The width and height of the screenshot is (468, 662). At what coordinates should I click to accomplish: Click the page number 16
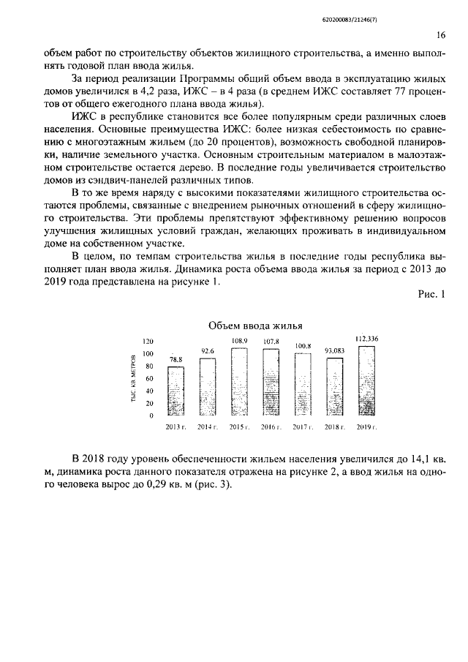pyautogui.click(x=441, y=35)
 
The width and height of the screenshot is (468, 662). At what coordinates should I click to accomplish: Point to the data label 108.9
pyautogui.click(x=239, y=341)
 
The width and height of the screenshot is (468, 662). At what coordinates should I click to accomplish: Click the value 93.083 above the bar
pyautogui.click(x=334, y=350)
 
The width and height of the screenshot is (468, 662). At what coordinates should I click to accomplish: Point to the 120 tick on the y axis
pyautogui.click(x=148, y=342)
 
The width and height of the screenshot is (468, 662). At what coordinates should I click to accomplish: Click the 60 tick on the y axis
pyautogui.click(x=150, y=379)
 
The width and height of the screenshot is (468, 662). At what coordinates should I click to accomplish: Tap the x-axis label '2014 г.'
pyautogui.click(x=207, y=426)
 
